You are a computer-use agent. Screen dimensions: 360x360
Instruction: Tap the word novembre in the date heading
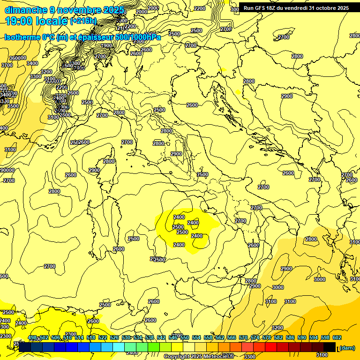click(78, 10)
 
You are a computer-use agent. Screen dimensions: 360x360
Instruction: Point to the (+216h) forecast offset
click(83, 21)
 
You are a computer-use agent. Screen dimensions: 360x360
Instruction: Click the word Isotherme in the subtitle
click(22, 37)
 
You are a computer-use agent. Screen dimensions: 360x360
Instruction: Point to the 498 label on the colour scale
click(32, 338)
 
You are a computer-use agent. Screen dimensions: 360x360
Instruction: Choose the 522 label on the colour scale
click(103, 338)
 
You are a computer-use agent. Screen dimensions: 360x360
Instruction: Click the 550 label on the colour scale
click(185, 338)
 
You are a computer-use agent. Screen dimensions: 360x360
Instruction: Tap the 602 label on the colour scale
click(337, 338)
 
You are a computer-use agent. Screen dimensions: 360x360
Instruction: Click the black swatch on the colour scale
click(330, 347)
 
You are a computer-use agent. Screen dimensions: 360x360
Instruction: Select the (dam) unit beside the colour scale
click(347, 348)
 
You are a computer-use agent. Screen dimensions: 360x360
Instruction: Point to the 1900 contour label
click(107, 45)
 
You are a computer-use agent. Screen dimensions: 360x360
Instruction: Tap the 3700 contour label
click(7, 65)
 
